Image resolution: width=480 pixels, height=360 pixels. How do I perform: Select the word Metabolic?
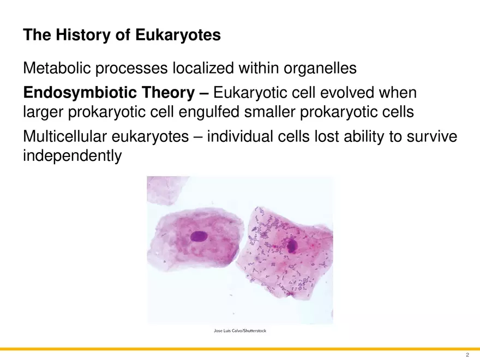tap(57, 69)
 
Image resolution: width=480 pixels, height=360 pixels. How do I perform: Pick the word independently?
tap(72, 156)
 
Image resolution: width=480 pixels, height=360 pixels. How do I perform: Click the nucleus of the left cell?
tap(198, 237)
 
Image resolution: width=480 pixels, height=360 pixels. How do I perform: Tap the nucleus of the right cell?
tap(292, 245)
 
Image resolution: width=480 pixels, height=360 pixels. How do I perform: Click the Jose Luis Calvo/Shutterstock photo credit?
tap(239, 331)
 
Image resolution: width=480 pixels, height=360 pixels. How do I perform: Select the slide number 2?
tap(467, 354)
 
